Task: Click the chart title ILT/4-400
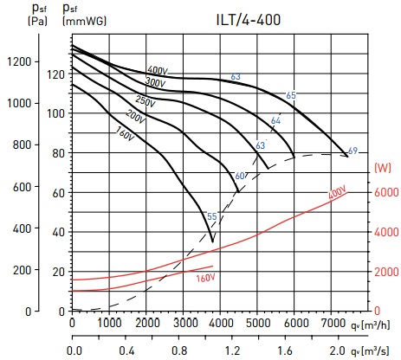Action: coord(249,20)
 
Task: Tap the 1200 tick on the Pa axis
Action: coord(19,61)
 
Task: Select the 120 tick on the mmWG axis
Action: coord(56,74)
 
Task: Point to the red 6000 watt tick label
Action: coord(386,192)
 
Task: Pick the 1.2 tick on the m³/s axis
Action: coord(232,350)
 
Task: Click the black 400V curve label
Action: coord(158,70)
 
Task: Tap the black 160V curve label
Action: coord(125,134)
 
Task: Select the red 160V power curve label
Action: coord(205,279)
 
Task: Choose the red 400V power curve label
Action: coord(338,193)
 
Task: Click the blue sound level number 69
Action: coord(352,151)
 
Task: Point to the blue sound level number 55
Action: coord(212,216)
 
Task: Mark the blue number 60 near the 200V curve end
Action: coord(240,176)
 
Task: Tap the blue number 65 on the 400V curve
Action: coord(291,95)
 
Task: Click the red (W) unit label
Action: coord(383,168)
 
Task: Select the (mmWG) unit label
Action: coord(84,21)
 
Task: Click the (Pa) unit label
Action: coord(37,21)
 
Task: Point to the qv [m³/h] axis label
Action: coord(370,325)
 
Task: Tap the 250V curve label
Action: coord(146,101)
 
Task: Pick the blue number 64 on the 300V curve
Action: coord(275,120)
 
